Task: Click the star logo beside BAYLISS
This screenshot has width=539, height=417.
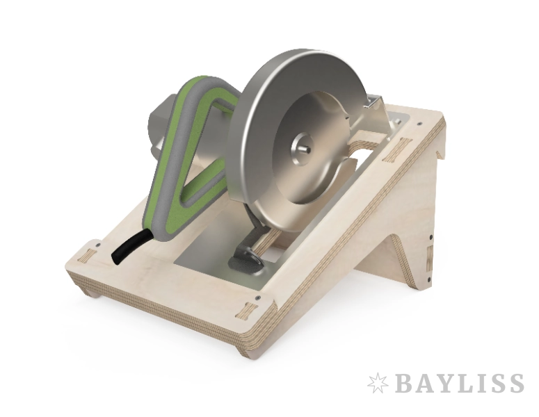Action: tap(378, 383)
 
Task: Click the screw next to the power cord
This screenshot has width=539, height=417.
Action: tap(98, 245)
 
